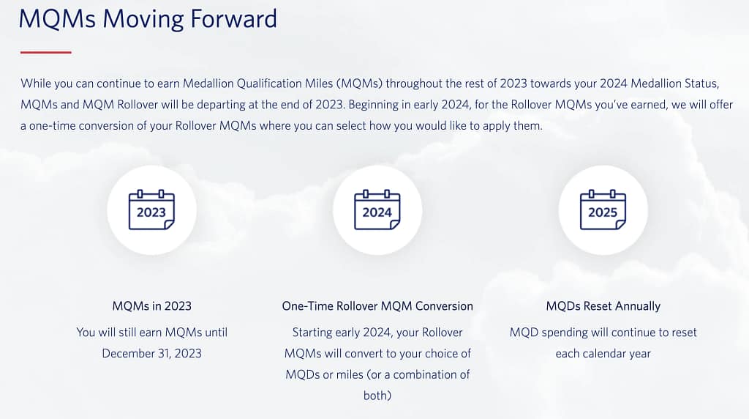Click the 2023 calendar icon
click(x=151, y=209)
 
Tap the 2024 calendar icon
click(x=377, y=209)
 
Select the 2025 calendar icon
click(x=603, y=209)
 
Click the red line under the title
click(x=46, y=52)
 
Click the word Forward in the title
click(x=233, y=18)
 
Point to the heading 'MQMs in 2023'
click(x=152, y=306)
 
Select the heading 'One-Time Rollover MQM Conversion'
click(x=377, y=306)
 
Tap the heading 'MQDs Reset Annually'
click(x=603, y=306)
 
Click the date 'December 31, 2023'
click(x=152, y=354)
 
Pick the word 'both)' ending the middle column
click(x=377, y=396)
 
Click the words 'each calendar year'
click(x=603, y=354)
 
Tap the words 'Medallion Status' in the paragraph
click(x=674, y=84)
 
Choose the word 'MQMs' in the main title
click(x=57, y=19)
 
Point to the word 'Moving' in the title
click(x=143, y=20)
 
